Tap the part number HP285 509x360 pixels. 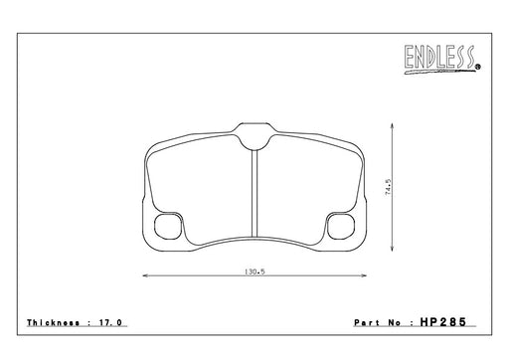coord(443,322)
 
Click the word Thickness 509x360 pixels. coord(53,322)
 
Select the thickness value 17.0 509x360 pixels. coord(110,322)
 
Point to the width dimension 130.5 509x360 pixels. coord(254,271)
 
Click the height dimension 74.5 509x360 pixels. coord(389,187)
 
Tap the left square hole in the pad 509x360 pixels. coord(168,226)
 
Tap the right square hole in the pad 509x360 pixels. coord(341,226)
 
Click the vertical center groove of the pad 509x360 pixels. coord(254,193)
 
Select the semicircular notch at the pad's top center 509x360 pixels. coord(254,143)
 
